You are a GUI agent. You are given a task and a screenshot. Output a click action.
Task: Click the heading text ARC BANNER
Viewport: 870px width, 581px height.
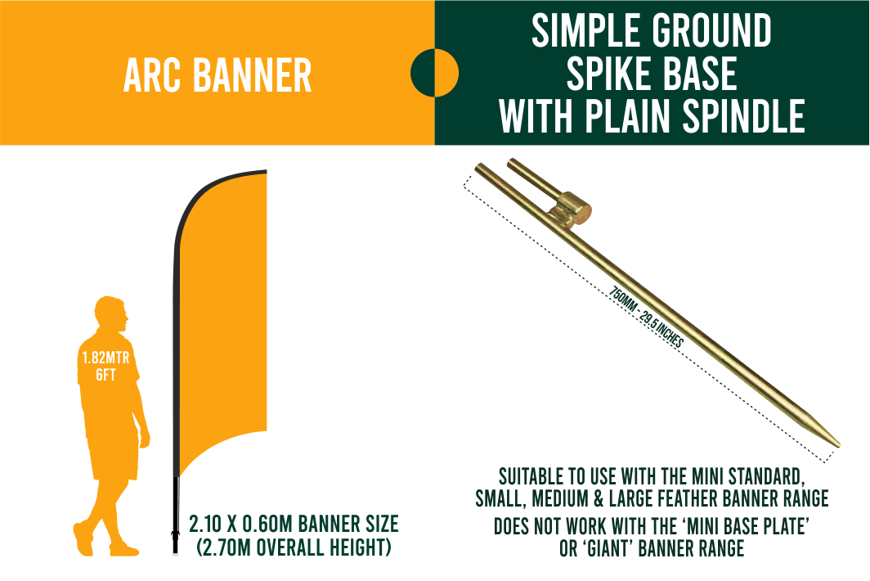217,75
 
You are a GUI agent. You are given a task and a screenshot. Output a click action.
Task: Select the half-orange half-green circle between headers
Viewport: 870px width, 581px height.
434,73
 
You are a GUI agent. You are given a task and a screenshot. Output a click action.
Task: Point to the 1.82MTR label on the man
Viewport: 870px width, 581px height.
106,357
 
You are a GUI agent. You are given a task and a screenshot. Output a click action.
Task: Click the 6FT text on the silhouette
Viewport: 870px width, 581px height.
105,375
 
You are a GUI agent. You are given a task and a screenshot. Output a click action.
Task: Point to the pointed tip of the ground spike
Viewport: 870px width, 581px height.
838,444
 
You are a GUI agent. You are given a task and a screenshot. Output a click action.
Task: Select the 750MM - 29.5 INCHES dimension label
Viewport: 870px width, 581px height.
647,318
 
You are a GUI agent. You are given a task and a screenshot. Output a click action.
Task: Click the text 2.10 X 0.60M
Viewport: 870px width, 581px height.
240,524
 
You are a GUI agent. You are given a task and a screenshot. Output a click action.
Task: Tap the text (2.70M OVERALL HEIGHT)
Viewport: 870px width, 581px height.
294,547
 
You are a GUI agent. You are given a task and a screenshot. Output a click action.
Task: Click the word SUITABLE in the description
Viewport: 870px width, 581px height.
530,476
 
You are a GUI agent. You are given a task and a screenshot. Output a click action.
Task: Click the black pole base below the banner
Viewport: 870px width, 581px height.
176,516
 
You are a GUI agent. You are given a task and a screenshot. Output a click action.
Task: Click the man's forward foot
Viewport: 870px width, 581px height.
124,550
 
